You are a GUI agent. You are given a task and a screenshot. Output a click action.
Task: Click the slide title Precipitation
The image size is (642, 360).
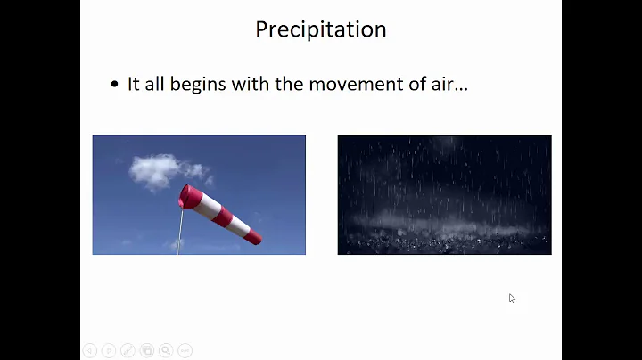click(320, 29)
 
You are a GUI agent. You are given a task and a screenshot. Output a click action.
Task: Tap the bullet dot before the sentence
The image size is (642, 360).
click(114, 85)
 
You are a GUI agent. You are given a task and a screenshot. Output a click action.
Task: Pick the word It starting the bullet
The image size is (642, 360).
click(134, 84)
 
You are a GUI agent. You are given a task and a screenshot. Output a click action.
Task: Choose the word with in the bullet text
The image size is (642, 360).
click(250, 84)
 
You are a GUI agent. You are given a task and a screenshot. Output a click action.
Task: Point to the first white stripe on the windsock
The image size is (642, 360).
click(204, 206)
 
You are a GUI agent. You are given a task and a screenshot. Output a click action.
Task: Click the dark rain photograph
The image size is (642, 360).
click(444, 194)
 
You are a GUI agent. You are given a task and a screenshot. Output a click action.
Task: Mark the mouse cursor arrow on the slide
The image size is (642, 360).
click(512, 298)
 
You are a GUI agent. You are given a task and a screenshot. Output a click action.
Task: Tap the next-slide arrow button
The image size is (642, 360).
click(108, 350)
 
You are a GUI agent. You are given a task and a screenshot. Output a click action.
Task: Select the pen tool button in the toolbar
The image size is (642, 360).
click(128, 350)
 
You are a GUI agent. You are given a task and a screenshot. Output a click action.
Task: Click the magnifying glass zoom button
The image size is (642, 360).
click(166, 350)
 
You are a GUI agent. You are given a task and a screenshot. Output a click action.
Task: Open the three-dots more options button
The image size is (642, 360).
click(185, 350)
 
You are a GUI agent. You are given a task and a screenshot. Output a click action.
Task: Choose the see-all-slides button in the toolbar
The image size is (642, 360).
click(147, 350)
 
